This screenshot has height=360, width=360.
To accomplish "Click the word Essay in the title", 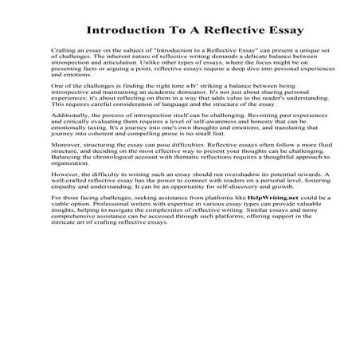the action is coord(255,32).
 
